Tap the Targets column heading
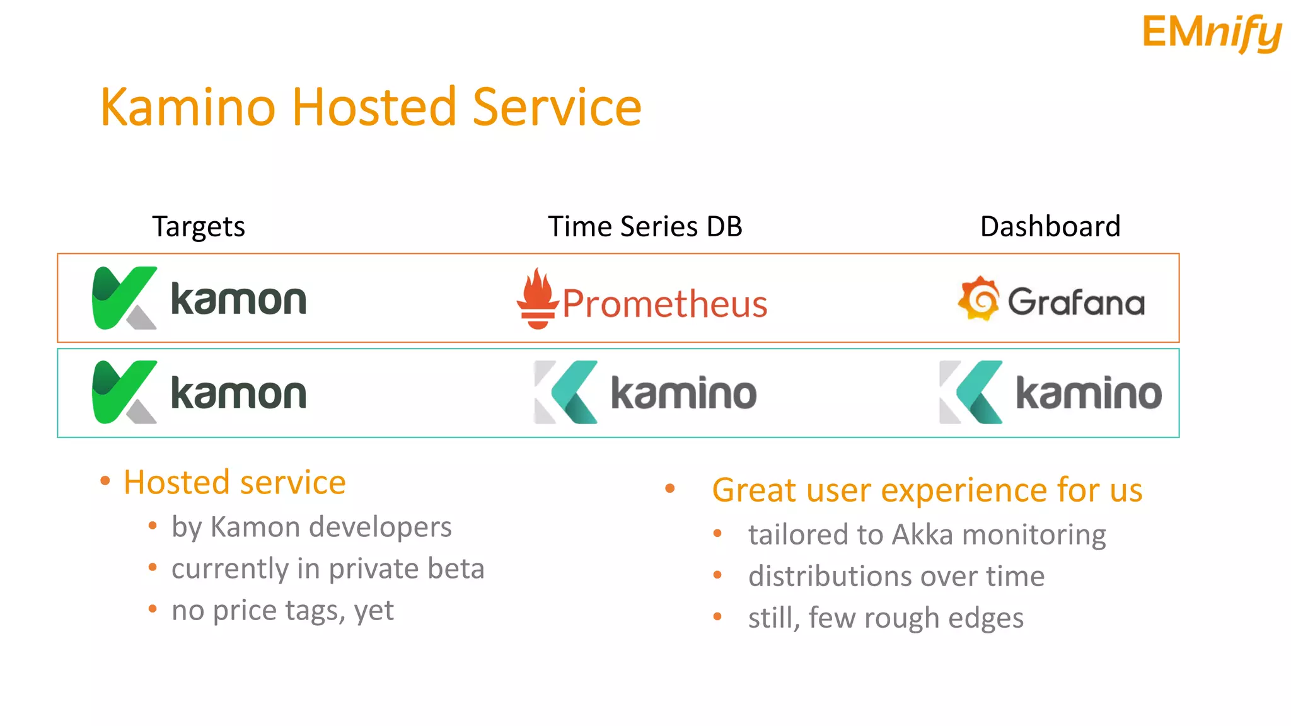(x=199, y=226)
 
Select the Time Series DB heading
(x=645, y=226)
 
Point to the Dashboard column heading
(x=1050, y=226)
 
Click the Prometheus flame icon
(x=537, y=299)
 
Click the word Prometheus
(x=664, y=304)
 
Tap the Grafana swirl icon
(x=978, y=299)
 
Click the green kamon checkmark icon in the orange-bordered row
(x=124, y=297)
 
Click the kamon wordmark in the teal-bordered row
(x=238, y=393)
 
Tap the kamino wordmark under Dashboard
(x=1089, y=393)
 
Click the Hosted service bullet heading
(x=234, y=483)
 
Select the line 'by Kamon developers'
(x=311, y=527)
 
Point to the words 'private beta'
(x=406, y=568)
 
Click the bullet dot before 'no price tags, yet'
(x=153, y=609)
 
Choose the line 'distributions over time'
(x=896, y=576)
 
